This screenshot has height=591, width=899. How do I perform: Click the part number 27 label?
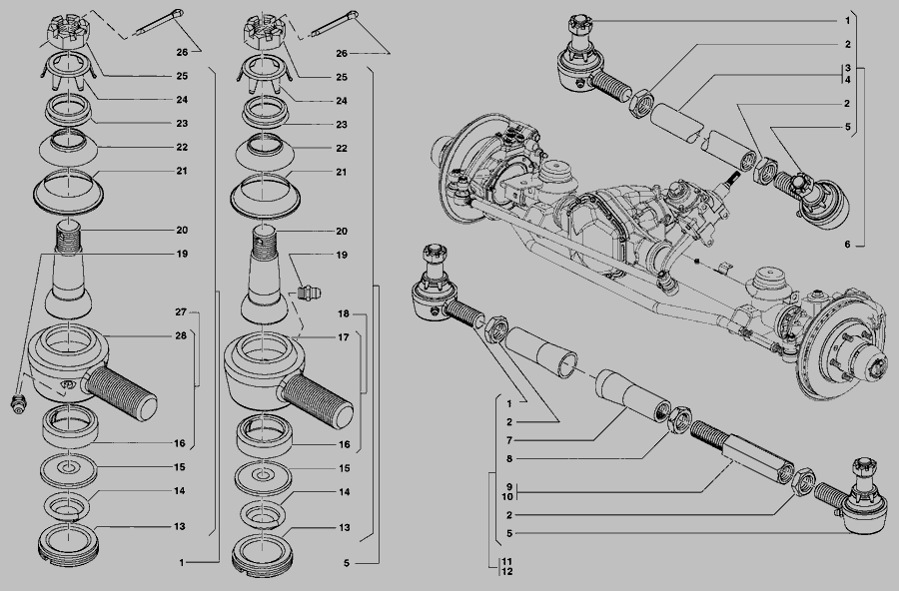[181, 312]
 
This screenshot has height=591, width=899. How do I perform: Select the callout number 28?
[181, 335]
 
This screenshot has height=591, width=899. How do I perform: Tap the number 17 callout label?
[343, 337]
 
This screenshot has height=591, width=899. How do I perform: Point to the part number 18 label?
[343, 314]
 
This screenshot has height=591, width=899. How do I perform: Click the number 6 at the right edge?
[847, 245]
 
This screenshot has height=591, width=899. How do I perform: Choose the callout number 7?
[509, 441]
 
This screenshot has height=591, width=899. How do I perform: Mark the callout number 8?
[509, 459]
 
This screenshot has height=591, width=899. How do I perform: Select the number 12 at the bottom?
[506, 571]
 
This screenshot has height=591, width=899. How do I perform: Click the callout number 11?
[506, 562]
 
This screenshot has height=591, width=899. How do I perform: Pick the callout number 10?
[507, 497]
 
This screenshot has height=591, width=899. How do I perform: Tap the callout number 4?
[847, 80]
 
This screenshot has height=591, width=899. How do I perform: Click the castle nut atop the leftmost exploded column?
[68, 33]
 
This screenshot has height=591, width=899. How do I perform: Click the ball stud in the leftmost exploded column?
[69, 271]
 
